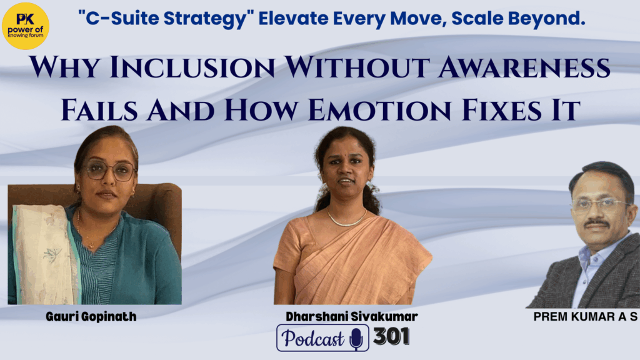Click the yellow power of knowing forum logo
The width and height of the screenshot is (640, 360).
click(25, 26)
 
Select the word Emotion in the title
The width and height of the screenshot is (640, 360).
click(379, 110)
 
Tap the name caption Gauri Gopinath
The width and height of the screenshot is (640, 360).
click(91, 317)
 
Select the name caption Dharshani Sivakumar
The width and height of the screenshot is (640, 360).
click(351, 316)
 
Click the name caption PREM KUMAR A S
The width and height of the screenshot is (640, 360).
click(585, 316)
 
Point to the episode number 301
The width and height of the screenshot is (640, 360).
click(391, 336)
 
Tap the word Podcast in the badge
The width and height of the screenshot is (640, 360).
click(313, 338)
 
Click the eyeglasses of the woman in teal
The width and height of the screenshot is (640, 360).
click(110, 170)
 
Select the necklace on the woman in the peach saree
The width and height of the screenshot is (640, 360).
click(346, 218)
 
